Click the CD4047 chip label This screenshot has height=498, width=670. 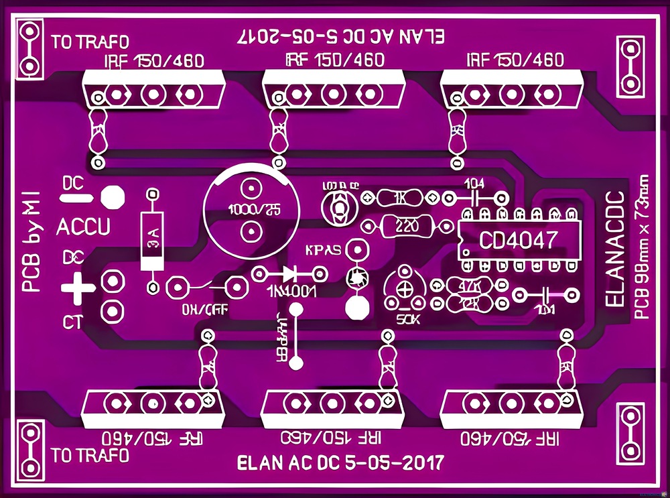pos(518,239)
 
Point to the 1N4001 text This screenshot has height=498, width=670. pos(291,292)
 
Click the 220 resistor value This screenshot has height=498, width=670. pos(403,227)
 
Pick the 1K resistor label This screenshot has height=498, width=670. pos(401,198)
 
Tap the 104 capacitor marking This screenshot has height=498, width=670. pos(474,183)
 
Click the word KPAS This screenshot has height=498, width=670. pos(323,250)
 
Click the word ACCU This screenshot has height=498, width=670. pos(83,228)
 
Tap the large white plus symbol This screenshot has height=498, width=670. pos(77,288)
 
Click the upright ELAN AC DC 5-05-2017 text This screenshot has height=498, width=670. pos(340,462)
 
